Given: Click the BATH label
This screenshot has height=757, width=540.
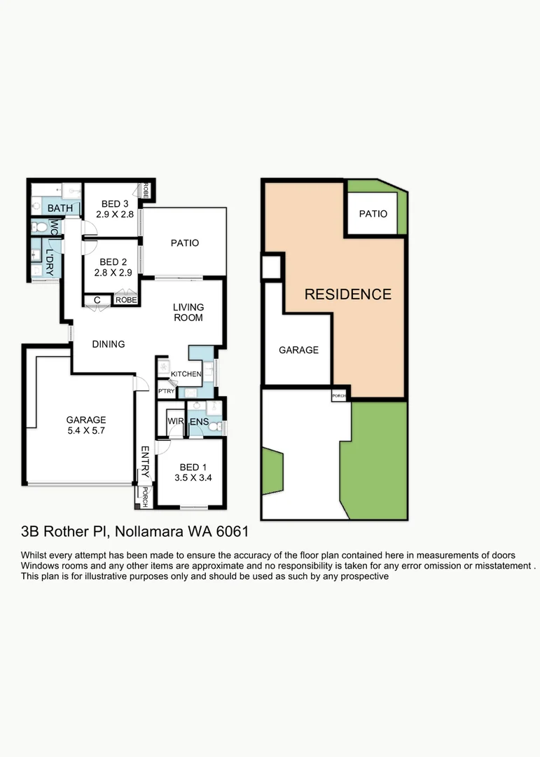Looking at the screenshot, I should pyautogui.click(x=60, y=208).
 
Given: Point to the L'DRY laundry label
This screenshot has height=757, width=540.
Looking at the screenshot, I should pyautogui.click(x=50, y=254).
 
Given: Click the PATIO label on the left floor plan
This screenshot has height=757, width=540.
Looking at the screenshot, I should pyautogui.click(x=185, y=243).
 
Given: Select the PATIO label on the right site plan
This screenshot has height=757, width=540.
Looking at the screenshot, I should pyautogui.click(x=373, y=214).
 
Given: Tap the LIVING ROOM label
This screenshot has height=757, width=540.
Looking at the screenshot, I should pyautogui.click(x=189, y=313).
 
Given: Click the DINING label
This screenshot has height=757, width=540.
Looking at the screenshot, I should pyautogui.click(x=109, y=344).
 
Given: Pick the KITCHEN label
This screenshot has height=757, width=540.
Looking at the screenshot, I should pyautogui.click(x=186, y=374).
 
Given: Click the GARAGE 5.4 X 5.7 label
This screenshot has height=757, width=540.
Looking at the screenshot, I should pyautogui.click(x=86, y=425).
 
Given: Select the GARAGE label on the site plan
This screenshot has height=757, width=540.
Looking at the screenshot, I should pyautogui.click(x=299, y=350).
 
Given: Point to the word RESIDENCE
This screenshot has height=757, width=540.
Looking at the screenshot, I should pyautogui.click(x=347, y=294).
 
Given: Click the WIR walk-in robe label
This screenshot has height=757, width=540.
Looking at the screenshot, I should pyautogui.click(x=174, y=421).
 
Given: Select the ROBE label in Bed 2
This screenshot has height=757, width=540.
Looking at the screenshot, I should pyautogui.click(x=126, y=300).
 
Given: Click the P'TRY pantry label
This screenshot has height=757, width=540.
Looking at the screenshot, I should pyautogui.click(x=166, y=391).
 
